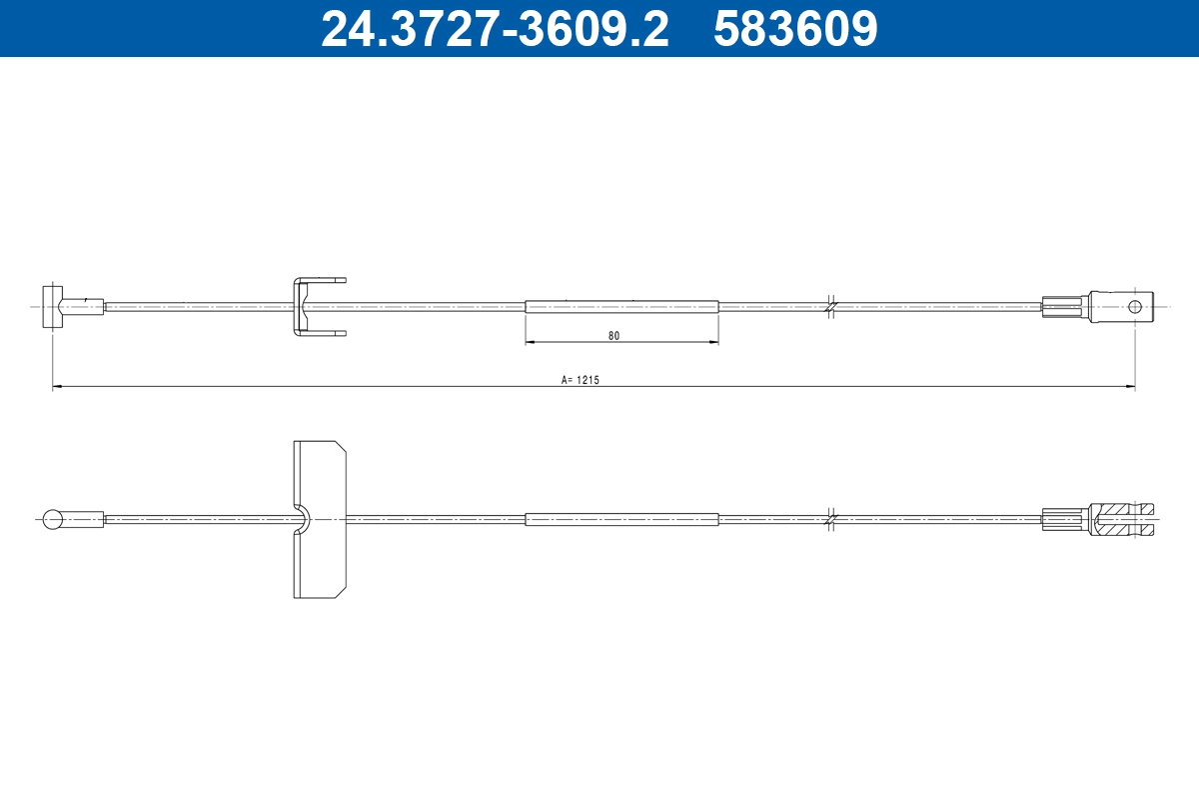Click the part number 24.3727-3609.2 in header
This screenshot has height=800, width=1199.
click(494, 29)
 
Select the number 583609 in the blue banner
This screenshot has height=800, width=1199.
click(795, 29)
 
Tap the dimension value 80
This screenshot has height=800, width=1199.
click(613, 336)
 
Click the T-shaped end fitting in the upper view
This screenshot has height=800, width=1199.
click(55, 306)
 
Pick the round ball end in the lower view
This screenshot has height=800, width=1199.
click(54, 518)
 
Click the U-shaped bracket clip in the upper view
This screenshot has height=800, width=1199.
click(306, 306)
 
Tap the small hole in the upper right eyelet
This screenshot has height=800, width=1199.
click(1135, 306)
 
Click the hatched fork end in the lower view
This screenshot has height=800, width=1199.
click(1124, 518)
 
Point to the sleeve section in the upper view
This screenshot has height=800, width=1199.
click(621, 306)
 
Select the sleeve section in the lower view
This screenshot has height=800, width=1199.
click(621, 519)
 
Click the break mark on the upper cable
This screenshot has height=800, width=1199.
click(830, 306)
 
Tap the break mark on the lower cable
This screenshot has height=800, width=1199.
click(830, 519)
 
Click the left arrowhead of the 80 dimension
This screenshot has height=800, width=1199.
click(531, 343)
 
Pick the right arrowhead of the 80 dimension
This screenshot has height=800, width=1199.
click(713, 343)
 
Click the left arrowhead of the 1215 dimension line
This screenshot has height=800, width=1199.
click(58, 386)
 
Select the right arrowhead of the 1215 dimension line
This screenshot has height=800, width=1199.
click(1130, 386)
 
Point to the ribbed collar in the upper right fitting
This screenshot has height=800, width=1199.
click(1063, 306)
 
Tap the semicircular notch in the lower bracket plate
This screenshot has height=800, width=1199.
click(303, 518)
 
